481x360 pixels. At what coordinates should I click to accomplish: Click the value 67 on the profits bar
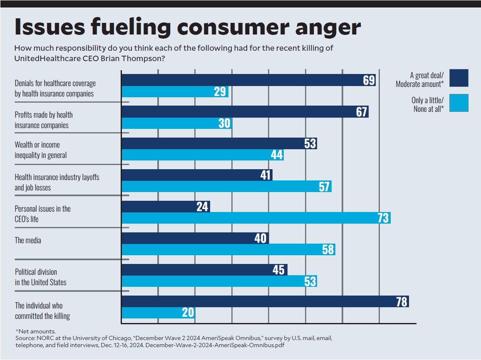pyautogui.click(x=362, y=112)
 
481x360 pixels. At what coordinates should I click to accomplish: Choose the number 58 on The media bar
pyautogui.click(x=328, y=249)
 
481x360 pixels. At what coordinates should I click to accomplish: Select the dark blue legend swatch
pyautogui.click(x=459, y=78)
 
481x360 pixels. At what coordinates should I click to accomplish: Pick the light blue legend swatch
pyautogui.click(x=459, y=103)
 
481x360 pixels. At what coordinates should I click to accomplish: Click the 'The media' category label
pyautogui.click(x=28, y=240)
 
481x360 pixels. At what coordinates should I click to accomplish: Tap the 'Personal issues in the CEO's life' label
pyautogui.click(x=42, y=214)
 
